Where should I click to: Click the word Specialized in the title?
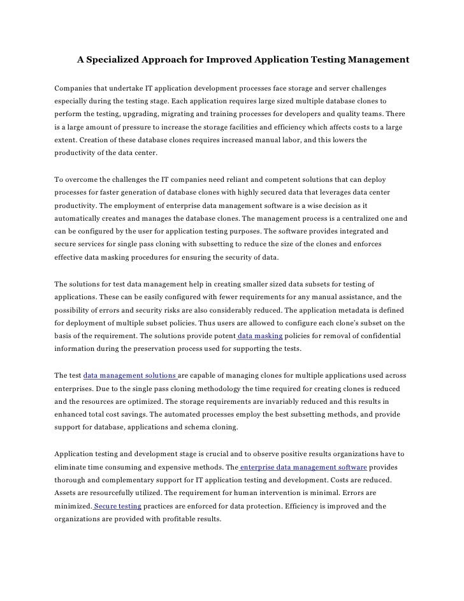(x=115, y=60)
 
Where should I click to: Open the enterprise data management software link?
(x=308, y=467)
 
